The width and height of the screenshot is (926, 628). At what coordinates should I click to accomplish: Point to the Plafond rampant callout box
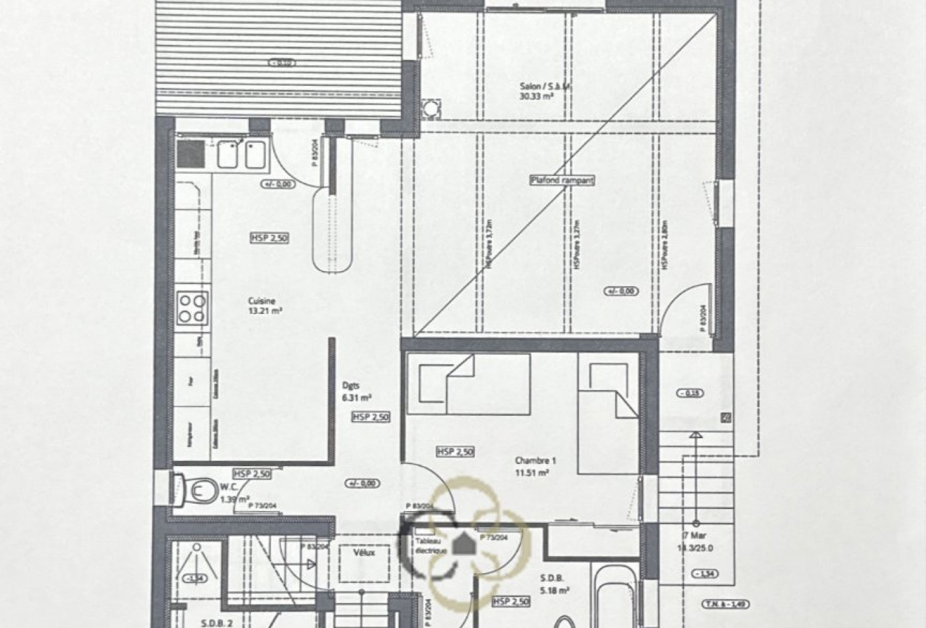click(563, 180)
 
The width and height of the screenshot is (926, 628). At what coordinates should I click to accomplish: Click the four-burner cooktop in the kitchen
click(192, 309)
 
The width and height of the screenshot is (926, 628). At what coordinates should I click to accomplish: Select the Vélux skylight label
click(364, 553)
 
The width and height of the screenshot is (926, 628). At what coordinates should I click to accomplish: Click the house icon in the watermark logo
click(463, 545)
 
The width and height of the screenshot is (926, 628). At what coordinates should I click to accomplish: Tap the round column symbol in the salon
click(431, 108)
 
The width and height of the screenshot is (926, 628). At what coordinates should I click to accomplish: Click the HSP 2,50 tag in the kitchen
click(270, 238)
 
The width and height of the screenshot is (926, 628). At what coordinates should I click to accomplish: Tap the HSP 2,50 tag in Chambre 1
click(455, 452)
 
